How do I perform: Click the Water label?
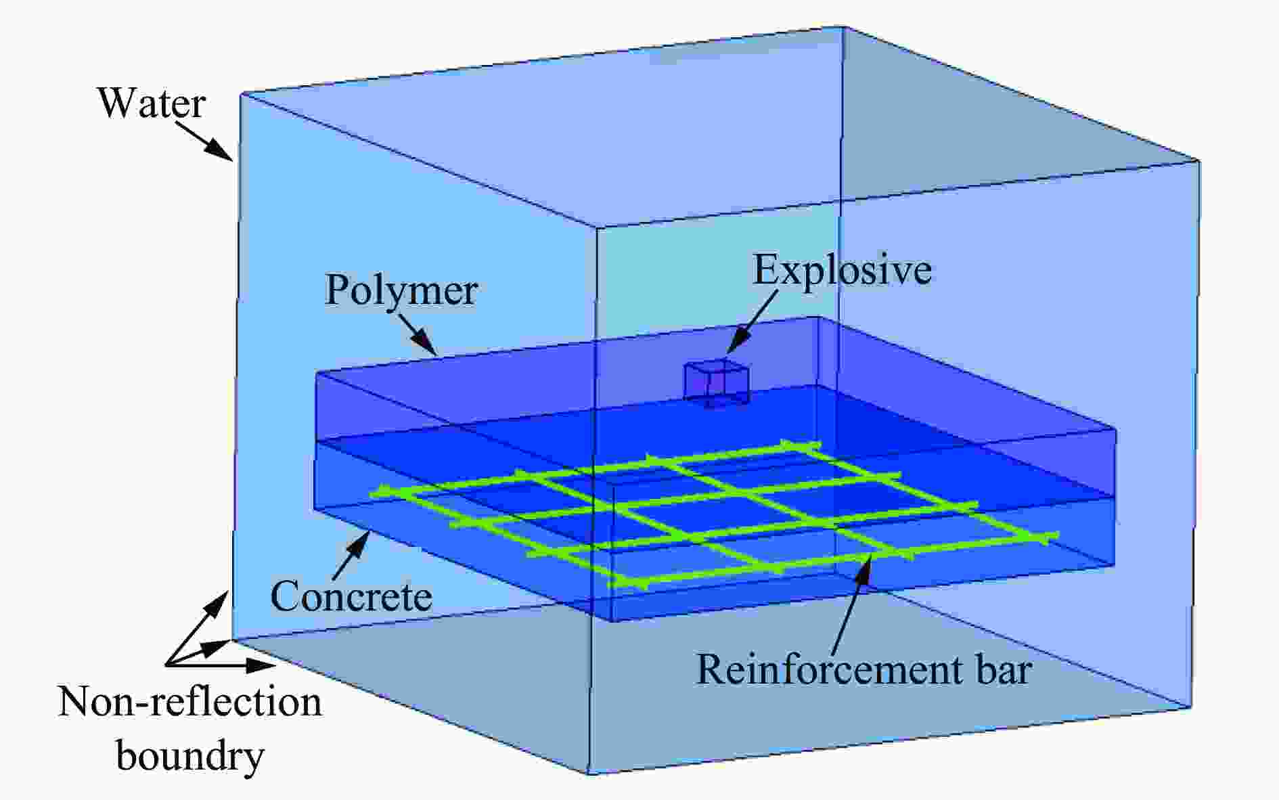click(152, 104)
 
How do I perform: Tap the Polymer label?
click(401, 291)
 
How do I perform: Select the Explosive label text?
click(843, 270)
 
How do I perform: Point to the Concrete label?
click(351, 596)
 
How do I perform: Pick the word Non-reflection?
click(189, 703)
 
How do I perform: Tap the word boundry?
click(190, 756)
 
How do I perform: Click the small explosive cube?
click(717, 383)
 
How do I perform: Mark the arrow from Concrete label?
click(351, 555)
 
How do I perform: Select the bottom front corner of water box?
click(587, 774)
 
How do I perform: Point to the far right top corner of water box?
click(1199, 160)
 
